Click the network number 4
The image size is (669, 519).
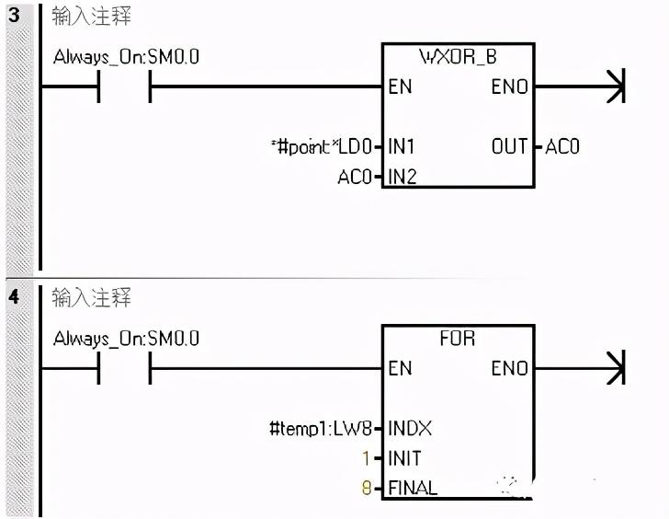coord(13,298)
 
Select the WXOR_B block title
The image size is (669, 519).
coord(458,57)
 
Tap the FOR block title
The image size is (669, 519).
coord(458,338)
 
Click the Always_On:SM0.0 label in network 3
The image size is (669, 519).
coord(126,57)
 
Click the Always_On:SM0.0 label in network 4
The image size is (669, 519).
coord(126,339)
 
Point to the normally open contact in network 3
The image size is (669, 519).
coord(124,88)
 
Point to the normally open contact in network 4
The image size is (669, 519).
coord(124,369)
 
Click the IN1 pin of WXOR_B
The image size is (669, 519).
coord(403,146)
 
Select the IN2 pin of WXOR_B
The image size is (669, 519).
coord(403,177)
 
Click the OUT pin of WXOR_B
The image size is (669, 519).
coord(509,146)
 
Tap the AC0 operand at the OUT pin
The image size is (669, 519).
coord(562,146)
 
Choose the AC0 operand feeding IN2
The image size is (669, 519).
coord(355,177)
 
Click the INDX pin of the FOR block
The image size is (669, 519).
coord(410,428)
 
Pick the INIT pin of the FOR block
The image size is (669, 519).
coord(405,458)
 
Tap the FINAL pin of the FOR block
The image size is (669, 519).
coord(413,488)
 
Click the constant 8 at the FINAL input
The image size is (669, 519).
coord(366,488)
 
